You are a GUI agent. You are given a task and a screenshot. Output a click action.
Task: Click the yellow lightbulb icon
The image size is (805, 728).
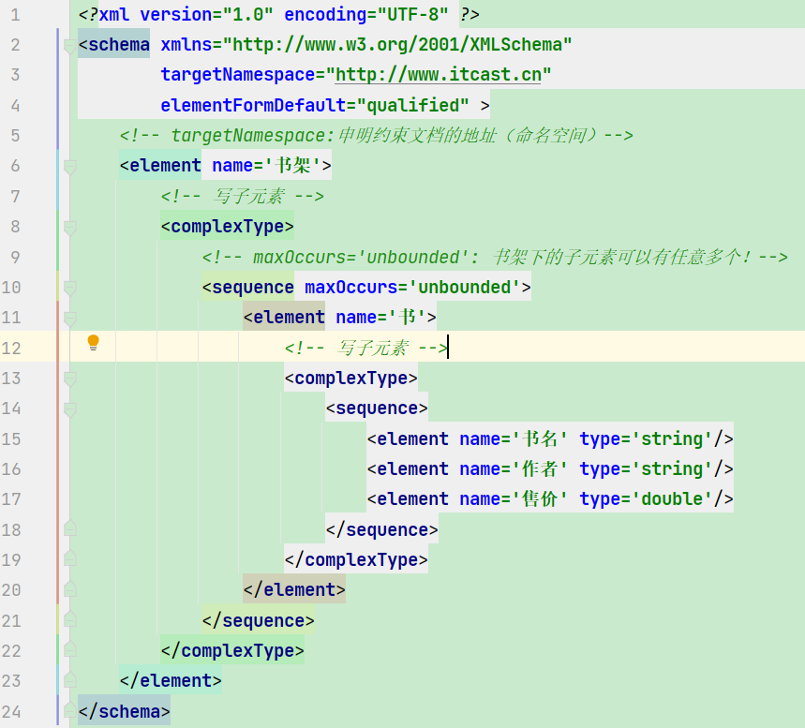[93, 342]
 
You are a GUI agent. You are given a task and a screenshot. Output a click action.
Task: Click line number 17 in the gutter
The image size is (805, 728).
[11, 499]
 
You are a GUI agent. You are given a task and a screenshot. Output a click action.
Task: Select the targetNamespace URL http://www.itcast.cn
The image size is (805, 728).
[438, 75]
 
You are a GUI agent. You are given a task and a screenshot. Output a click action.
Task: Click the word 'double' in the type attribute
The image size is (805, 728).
[672, 499]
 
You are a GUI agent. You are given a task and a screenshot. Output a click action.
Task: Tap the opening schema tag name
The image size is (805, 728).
[119, 45]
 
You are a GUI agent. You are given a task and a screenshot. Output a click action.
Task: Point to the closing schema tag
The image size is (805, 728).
[124, 711]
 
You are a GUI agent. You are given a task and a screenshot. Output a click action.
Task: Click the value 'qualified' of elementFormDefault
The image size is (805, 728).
[412, 105]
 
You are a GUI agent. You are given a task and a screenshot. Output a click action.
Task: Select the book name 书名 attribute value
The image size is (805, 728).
[540, 439]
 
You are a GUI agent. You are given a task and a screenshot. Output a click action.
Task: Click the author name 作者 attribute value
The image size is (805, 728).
[540, 468]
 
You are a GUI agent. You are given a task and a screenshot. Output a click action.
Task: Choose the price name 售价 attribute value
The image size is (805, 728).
[540, 499]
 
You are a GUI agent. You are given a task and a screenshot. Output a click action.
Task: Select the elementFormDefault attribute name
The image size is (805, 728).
[253, 105]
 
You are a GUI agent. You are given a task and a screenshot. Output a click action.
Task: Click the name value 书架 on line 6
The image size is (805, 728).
[292, 165]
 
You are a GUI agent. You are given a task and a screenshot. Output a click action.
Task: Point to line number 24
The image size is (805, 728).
[11, 711]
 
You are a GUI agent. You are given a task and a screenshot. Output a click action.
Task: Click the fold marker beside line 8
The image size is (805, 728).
[70, 227]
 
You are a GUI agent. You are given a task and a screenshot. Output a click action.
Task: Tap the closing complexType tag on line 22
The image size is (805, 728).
[232, 651]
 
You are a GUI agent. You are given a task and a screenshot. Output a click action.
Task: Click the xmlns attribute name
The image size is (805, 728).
[186, 45]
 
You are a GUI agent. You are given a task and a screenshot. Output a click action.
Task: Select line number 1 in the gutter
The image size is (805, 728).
[15, 14]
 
